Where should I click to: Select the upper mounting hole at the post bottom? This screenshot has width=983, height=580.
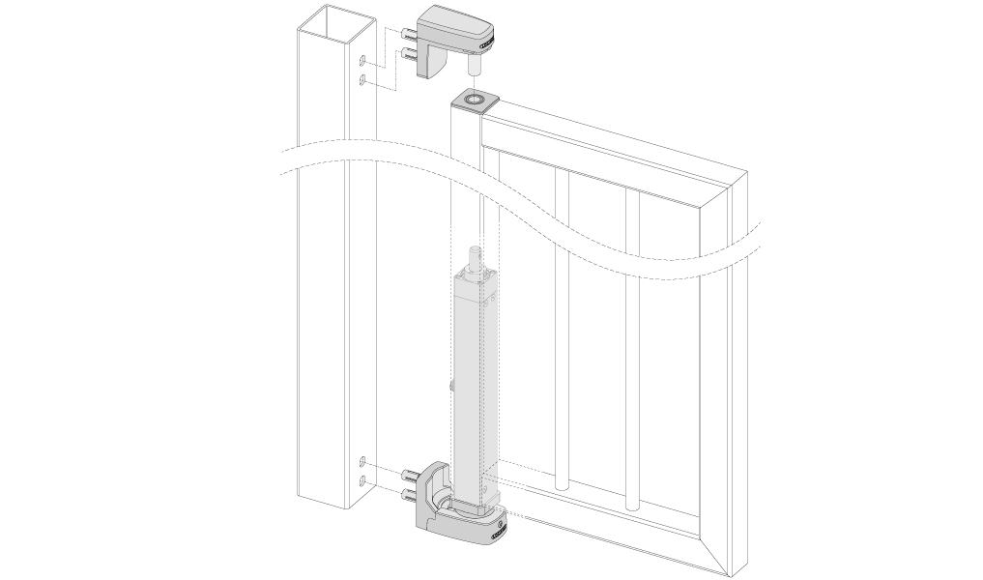(361, 460)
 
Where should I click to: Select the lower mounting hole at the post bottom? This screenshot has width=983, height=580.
(361, 479)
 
